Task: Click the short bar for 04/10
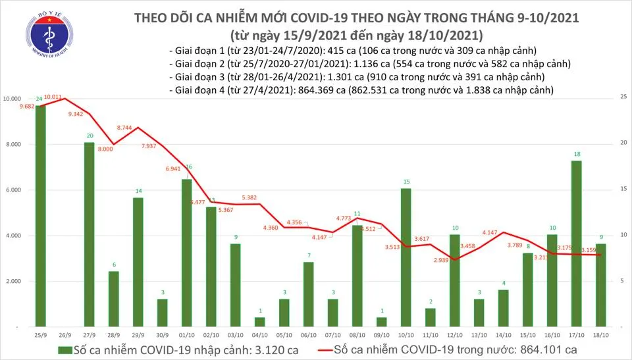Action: (259, 322)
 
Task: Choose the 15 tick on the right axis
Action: (621, 190)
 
